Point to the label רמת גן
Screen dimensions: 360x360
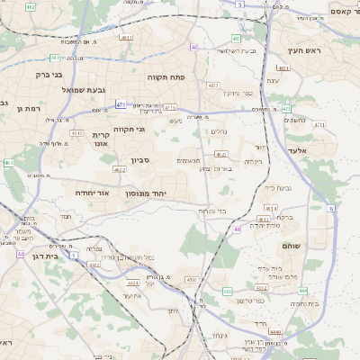click(29, 108)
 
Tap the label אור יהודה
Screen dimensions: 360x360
click(90, 193)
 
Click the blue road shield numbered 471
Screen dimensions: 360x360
click(121, 104)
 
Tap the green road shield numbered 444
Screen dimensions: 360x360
click(302, 291)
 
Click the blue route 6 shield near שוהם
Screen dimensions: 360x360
click(331, 208)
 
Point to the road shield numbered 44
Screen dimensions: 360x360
click(20, 254)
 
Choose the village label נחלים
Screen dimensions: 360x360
click(218, 130)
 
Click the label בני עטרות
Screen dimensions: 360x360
click(212, 210)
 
